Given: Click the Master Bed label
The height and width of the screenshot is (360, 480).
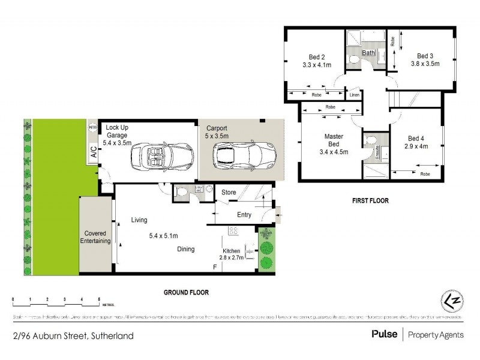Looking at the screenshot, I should tap(334, 140).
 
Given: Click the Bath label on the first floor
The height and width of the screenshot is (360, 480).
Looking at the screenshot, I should tap(368, 53).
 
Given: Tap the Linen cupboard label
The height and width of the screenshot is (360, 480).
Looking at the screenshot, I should tap(354, 95).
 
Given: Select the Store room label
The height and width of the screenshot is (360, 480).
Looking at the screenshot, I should tap(229, 193).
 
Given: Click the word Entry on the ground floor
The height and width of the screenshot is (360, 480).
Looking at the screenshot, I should tap(244, 215).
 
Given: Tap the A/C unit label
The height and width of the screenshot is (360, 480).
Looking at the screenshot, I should tap(93, 152).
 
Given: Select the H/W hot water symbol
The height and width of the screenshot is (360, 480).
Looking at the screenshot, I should tap(92, 127).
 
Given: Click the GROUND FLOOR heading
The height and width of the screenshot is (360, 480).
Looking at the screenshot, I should tap(186, 292).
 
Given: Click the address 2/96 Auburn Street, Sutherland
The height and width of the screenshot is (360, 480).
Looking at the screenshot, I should tap(73, 336).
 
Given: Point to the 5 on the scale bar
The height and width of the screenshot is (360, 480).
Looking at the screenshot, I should tap(98, 298).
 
